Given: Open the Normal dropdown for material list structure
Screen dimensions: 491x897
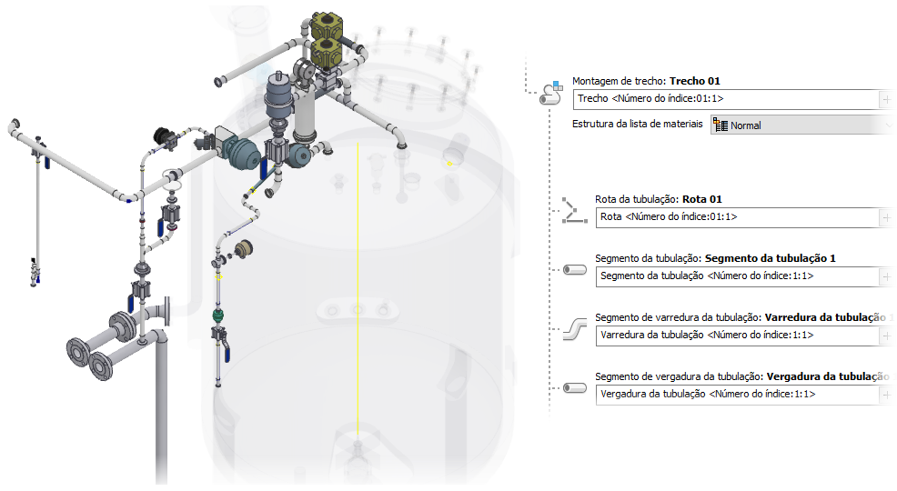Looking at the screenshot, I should [801, 125].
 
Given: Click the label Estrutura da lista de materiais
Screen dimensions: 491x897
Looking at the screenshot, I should [637, 125].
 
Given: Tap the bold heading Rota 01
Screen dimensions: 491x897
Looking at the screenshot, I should [701, 199].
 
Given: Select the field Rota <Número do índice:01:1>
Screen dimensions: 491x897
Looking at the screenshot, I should [737, 217].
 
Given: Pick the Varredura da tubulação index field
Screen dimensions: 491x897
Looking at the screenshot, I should [737, 336].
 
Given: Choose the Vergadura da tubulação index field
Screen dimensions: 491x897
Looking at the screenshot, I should [737, 394].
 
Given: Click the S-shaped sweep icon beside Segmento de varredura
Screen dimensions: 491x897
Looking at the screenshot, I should [574, 328].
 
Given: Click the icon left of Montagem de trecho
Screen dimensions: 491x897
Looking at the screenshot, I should [549, 90].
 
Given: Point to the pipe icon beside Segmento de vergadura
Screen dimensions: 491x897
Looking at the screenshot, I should [574, 388].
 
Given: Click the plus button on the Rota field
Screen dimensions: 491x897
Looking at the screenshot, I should [887, 217].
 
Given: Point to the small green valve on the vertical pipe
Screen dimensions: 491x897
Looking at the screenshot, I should [218, 316].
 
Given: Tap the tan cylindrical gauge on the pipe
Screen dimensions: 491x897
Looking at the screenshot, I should [243, 249].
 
